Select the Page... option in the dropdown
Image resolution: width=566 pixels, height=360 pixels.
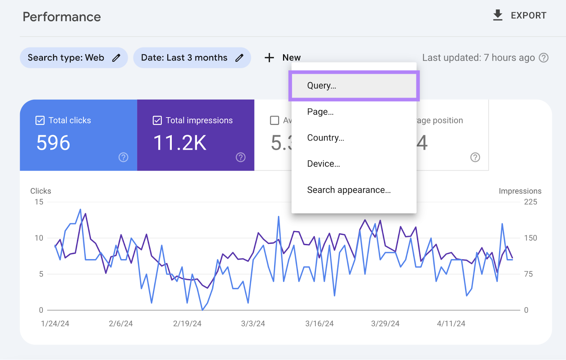tap(320, 112)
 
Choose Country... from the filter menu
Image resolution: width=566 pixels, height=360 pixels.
tap(325, 138)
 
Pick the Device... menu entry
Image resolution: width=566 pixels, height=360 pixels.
tap(323, 164)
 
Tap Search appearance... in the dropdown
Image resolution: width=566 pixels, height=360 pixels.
tap(348, 190)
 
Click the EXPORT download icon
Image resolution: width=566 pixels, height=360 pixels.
tap(498, 15)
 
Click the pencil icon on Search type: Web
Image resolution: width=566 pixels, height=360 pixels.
tap(116, 58)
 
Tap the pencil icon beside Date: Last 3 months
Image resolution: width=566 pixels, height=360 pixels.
tap(239, 58)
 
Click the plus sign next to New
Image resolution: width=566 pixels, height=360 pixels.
tap(269, 58)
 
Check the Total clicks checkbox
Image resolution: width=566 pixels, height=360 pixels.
tap(40, 121)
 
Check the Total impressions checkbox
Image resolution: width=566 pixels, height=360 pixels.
tap(157, 121)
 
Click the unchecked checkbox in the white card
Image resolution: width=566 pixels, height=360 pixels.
tap(274, 121)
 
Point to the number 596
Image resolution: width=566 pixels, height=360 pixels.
tap(53, 143)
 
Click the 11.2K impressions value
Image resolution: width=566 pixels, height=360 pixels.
tap(180, 143)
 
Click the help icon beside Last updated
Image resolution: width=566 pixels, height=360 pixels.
tap(543, 58)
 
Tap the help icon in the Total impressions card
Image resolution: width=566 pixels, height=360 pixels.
tap(241, 157)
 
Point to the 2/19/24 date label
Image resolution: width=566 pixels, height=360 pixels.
tap(187, 324)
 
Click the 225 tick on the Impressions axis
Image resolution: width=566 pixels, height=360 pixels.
tap(530, 202)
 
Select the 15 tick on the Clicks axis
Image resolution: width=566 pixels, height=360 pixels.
tap(39, 202)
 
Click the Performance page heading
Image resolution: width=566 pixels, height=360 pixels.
tap(62, 17)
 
